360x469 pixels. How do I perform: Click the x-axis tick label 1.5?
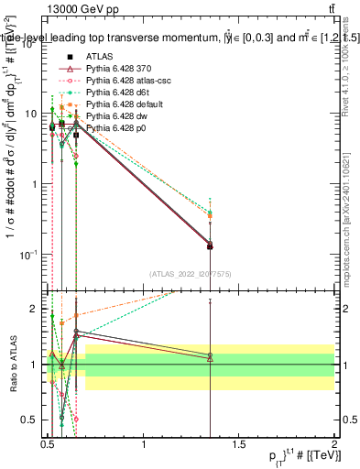(239, 448)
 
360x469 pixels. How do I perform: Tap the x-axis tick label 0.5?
(49, 448)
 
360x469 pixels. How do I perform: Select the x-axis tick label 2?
(334, 448)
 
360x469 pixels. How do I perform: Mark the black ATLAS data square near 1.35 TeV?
(211, 245)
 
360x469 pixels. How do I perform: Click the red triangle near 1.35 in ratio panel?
(211, 358)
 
